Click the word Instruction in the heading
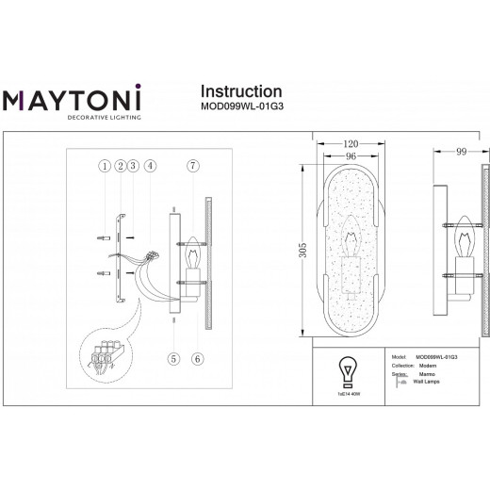(x=242, y=91)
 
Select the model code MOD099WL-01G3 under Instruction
(x=243, y=106)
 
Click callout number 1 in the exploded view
(x=102, y=167)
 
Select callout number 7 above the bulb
(x=192, y=167)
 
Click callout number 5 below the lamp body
(x=174, y=357)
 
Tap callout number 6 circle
(x=196, y=357)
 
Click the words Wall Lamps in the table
(x=427, y=384)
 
